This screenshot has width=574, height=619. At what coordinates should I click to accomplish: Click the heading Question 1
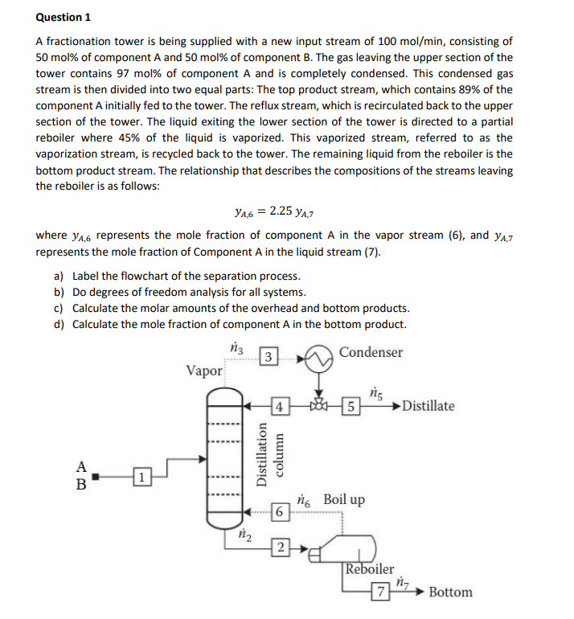point(64,17)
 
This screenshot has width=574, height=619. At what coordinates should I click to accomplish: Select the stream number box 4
point(277,406)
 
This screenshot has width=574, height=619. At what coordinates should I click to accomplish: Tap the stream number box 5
point(351,406)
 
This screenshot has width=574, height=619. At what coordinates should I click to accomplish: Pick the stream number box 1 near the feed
point(140,480)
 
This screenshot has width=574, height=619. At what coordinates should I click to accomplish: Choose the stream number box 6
point(278,511)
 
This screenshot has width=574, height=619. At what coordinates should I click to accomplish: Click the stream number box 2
point(279,548)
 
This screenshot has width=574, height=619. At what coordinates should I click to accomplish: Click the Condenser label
point(371,352)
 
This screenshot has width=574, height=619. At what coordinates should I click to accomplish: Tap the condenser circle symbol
point(322,357)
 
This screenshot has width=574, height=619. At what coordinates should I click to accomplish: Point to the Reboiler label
point(370,569)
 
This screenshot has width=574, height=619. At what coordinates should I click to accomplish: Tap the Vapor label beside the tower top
point(204,371)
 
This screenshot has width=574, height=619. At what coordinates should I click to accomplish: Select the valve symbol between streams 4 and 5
point(325,406)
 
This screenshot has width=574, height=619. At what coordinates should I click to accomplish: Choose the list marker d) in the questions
point(58,325)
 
